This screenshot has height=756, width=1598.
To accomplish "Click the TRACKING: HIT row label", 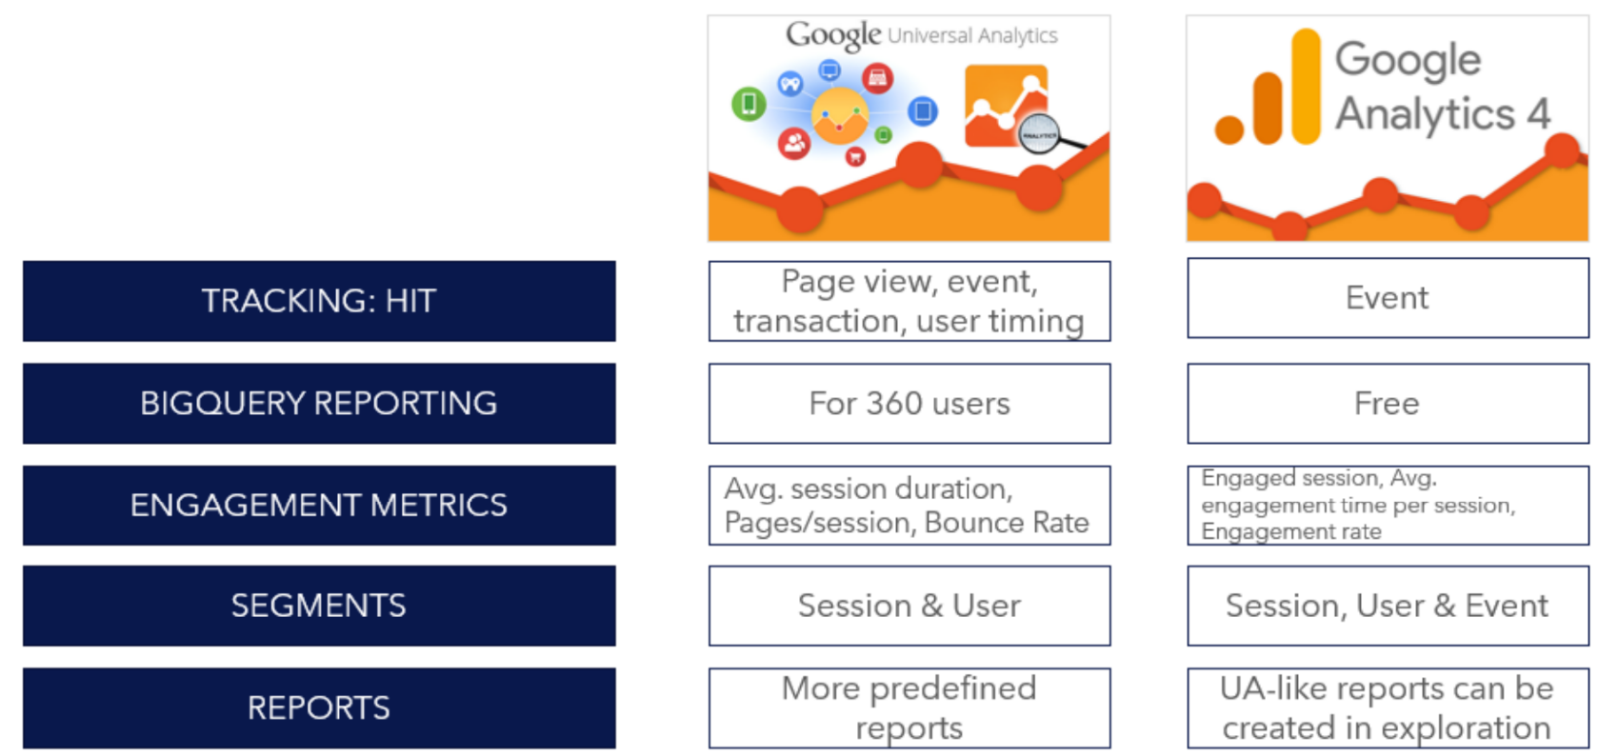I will (x=319, y=301).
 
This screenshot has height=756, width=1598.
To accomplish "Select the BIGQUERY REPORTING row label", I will (x=319, y=403).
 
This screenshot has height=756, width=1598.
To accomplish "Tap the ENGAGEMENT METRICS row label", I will (x=319, y=505).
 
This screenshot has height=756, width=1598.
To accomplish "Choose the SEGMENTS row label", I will (x=319, y=606).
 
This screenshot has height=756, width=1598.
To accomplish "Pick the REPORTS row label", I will (x=319, y=707).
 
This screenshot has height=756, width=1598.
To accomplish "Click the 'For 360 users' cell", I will (x=909, y=403).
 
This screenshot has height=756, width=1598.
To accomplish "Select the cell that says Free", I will (x=1387, y=403).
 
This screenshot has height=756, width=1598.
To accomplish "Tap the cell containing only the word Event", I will (x=1387, y=298).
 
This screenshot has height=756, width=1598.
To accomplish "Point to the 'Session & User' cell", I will (x=909, y=606).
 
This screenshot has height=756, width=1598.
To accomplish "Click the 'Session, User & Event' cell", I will (x=1387, y=606).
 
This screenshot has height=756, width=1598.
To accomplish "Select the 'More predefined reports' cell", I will (x=909, y=707).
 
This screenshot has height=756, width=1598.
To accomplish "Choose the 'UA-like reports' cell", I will (x=1387, y=707).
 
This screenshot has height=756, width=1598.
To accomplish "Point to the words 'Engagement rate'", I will (x=1290, y=532).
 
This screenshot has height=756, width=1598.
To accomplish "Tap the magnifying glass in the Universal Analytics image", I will (x=1040, y=134).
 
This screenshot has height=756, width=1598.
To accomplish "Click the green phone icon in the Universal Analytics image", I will (x=749, y=103).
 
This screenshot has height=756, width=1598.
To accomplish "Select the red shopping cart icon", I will (x=855, y=157).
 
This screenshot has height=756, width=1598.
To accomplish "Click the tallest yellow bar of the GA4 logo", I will (x=1306, y=86).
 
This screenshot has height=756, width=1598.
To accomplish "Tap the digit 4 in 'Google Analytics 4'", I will (x=1539, y=114).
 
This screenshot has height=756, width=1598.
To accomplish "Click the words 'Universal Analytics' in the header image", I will (x=972, y=36).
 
